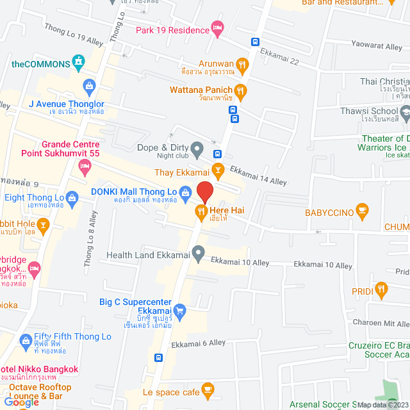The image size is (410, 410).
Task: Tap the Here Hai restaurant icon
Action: click(201, 210)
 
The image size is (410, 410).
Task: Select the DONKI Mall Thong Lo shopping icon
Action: click(185, 192)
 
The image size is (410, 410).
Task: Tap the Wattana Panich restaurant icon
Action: click(240, 90)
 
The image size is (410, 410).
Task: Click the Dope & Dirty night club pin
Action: click(198, 151)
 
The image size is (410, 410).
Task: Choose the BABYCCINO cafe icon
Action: click(362, 209)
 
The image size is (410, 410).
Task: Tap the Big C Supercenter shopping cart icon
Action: click(180, 312)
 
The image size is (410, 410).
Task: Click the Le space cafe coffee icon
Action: click(207, 389)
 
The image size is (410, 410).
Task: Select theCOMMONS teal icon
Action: click(79, 63)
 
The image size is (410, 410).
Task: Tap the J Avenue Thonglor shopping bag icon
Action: click(89, 85)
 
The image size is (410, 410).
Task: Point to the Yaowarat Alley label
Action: click(376, 46)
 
